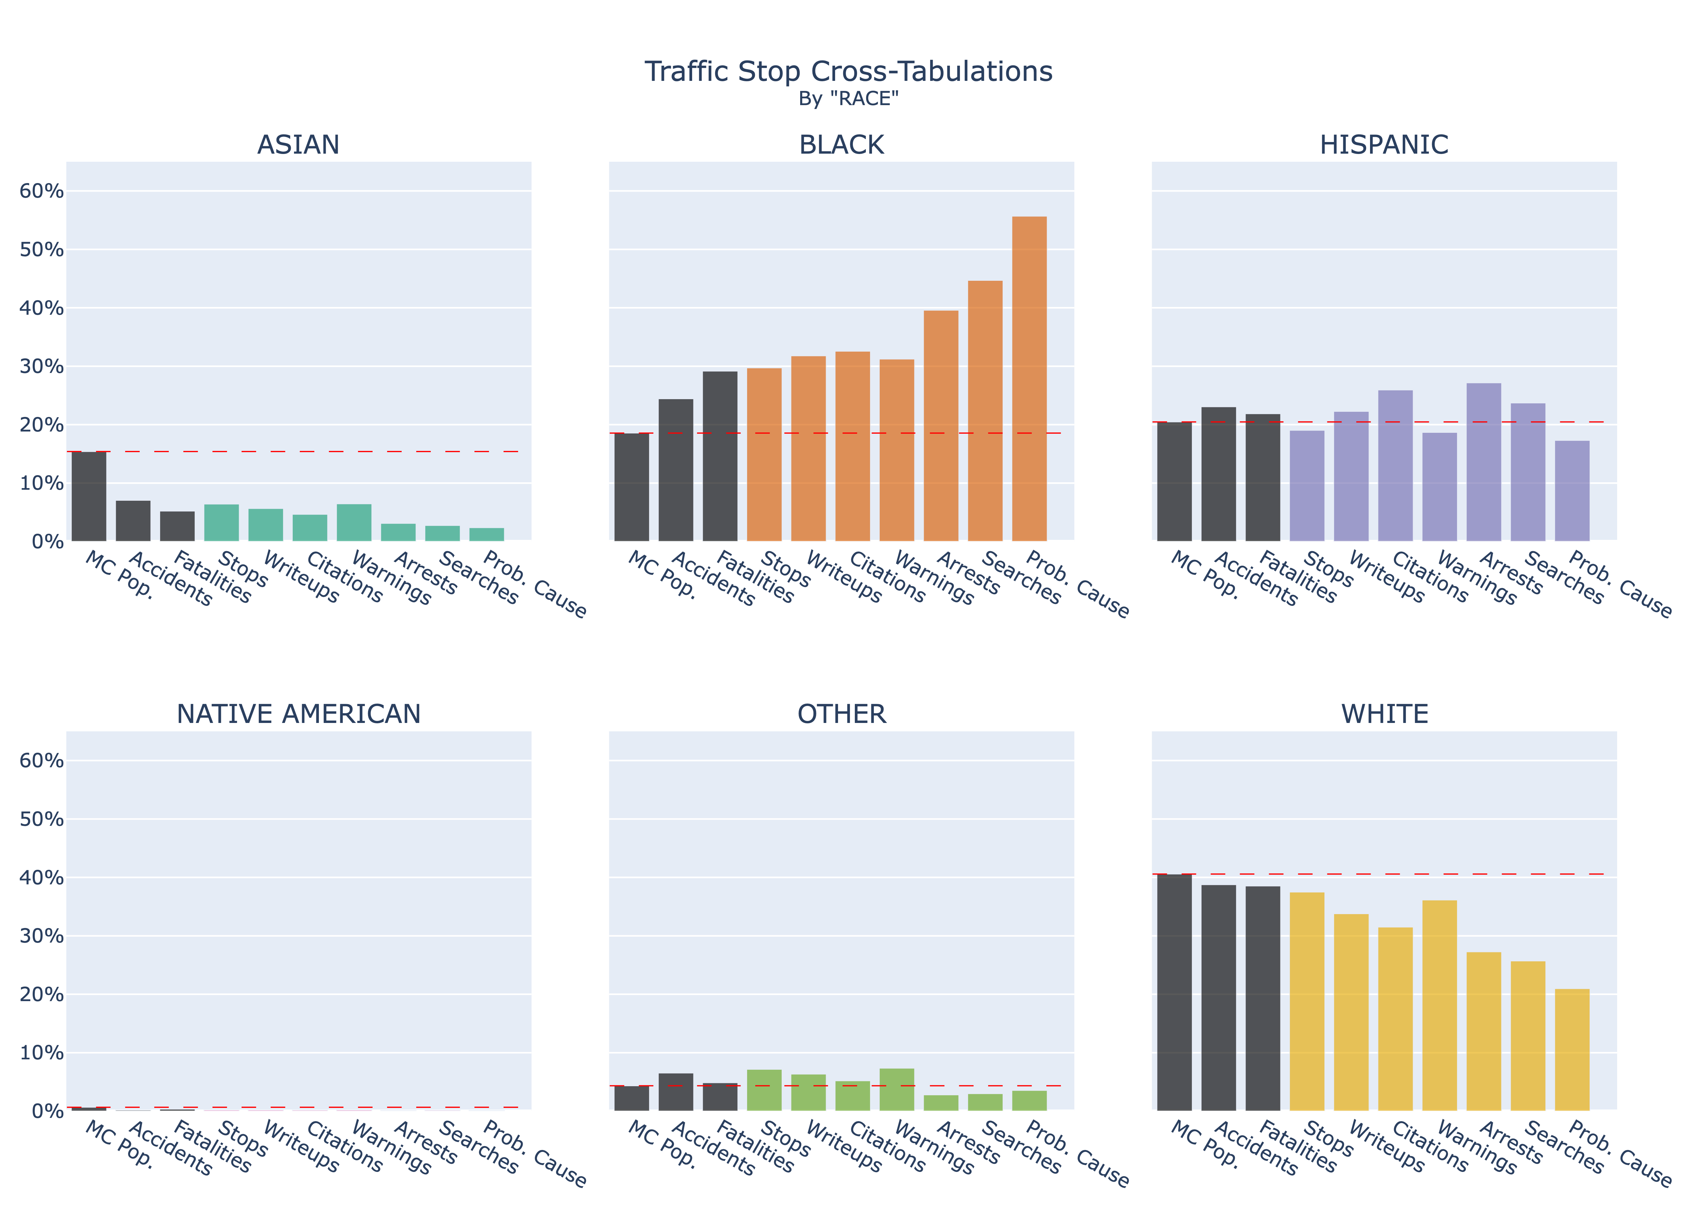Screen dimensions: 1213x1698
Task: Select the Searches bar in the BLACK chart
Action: [x=985, y=411]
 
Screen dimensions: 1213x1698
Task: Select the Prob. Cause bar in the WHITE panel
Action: [x=1572, y=1049]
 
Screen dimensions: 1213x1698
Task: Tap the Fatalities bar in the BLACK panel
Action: [x=720, y=456]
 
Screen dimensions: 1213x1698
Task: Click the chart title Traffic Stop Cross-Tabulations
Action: [x=848, y=72]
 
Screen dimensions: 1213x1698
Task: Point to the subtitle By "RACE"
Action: [x=848, y=99]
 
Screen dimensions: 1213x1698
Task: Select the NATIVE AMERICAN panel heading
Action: [x=299, y=714]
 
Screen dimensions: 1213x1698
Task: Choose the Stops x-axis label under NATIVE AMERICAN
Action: [x=243, y=1139]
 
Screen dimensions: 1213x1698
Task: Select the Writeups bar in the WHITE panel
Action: [x=1351, y=1012]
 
